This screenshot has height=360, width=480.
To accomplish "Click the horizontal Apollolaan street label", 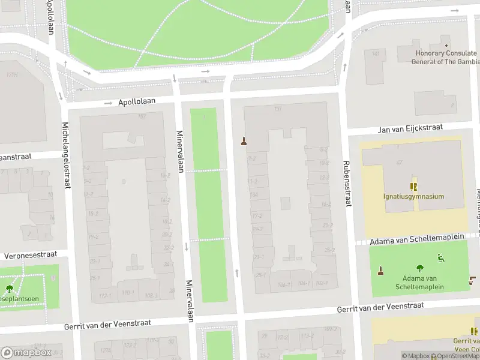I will pos(137,102).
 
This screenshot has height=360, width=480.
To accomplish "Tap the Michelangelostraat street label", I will pos(67,155).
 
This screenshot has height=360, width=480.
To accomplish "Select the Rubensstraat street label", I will pos(346,183).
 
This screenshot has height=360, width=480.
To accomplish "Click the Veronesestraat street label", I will pos(32,255).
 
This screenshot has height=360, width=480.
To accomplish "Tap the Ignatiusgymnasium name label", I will pos(414,196).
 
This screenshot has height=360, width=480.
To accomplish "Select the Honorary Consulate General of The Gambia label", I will pos(446,58).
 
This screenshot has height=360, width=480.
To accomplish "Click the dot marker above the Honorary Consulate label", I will pos(446,46).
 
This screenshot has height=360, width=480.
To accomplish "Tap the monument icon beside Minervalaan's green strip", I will pos(244,142).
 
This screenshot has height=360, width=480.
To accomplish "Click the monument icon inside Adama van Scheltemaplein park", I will pos(380,271).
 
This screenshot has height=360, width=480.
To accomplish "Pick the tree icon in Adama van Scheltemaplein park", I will pos(419,269).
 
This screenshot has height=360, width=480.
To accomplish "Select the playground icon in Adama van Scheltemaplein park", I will pos(441,259).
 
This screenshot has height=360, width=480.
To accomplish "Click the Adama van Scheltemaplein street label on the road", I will pos(417,239).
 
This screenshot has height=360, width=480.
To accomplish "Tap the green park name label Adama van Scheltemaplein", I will pos(419,283).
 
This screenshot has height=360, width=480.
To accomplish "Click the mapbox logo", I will pos(26,352).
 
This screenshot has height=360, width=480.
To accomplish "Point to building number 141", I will pos(376,54).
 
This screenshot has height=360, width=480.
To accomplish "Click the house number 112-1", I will pos(105,295).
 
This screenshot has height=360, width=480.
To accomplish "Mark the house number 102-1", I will pos(322,283).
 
